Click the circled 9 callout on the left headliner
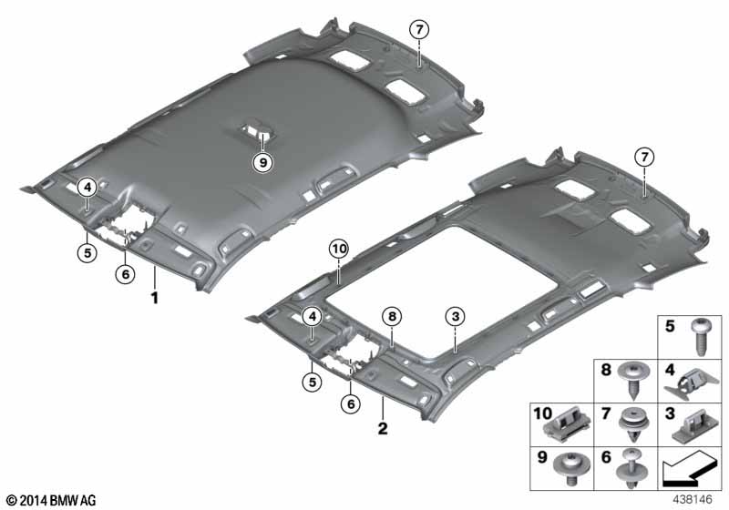[263, 163]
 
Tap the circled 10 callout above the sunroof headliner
[339, 249]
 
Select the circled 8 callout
[392, 317]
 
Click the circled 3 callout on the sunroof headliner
[455, 317]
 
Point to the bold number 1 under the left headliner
[155, 298]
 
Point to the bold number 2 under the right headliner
[383, 428]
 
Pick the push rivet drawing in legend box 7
[634, 425]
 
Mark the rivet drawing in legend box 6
[631, 469]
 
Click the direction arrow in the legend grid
[689, 469]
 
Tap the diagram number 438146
[693, 500]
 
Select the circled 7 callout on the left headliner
[419, 30]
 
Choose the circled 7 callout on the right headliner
[644, 158]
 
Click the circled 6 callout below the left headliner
[125, 274]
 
